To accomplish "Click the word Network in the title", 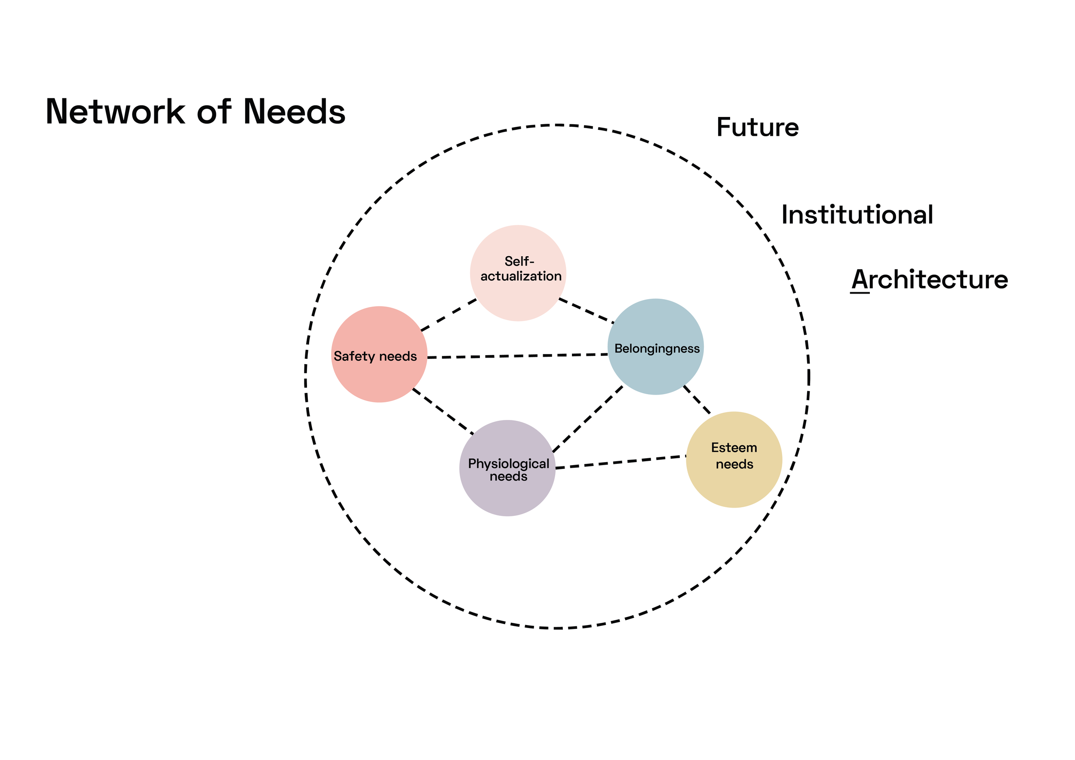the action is click(116, 111).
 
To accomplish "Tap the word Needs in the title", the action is click(295, 111).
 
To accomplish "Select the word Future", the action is click(758, 127).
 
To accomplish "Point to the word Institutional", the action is click(857, 215).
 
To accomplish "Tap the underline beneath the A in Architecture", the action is click(860, 293).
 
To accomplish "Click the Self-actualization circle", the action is click(518, 273).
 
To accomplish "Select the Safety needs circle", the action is click(379, 354).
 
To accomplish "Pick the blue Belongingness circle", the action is click(655, 347).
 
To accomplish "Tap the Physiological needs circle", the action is click(507, 468).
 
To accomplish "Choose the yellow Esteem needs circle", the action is click(734, 460).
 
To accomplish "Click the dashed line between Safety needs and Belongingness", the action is click(517, 356).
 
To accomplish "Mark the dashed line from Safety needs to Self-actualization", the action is click(448, 315).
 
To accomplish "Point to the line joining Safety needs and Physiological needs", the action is click(443, 411).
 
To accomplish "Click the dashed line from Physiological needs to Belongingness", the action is click(588, 419).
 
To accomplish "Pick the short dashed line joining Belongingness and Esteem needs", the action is click(697, 400).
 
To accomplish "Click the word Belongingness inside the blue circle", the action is click(657, 349).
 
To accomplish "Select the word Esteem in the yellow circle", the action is click(734, 448).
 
